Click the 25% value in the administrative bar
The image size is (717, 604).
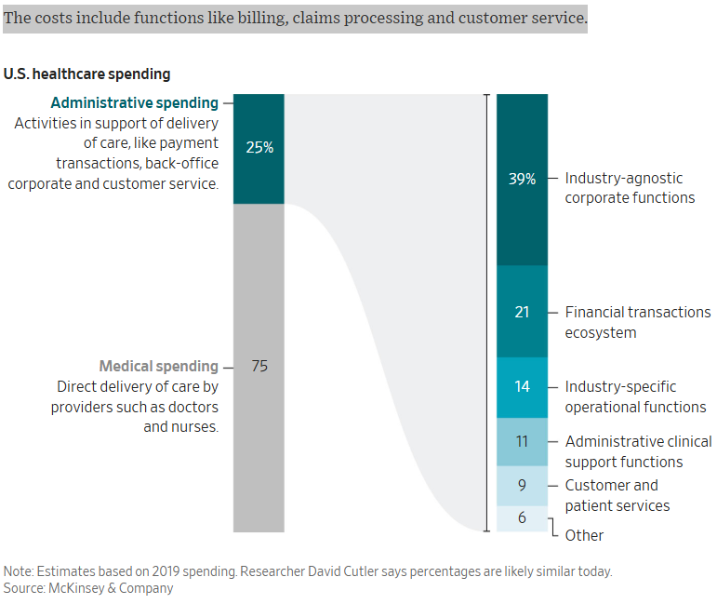[259, 147]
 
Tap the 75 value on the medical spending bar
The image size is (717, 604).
[259, 367]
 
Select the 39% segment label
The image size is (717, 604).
[522, 179]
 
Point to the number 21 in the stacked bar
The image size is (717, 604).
[522, 313]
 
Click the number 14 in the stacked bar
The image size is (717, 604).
[522, 386]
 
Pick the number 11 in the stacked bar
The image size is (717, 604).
[522, 442]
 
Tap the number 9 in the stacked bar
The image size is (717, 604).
[522, 485]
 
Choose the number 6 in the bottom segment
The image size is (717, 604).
[522, 517]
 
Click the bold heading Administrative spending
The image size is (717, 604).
[135, 103]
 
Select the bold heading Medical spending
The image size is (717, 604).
[158, 367]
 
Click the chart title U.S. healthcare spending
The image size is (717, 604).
[87, 74]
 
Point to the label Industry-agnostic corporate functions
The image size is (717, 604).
[630, 188]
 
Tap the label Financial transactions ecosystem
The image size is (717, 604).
[637, 322]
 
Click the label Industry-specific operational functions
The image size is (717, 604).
[635, 396]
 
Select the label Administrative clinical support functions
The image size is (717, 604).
[638, 451]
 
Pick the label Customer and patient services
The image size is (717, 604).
[617, 495]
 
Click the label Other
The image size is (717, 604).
[584, 535]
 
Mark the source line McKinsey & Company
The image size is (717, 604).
[88, 588]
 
